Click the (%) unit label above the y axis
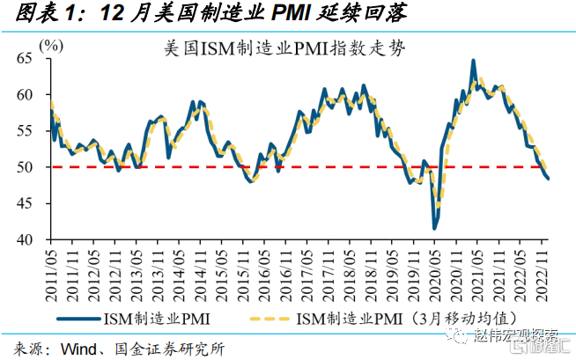[x=53, y=44]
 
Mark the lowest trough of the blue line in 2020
[x=435, y=228]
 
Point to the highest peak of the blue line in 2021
[x=474, y=61]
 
